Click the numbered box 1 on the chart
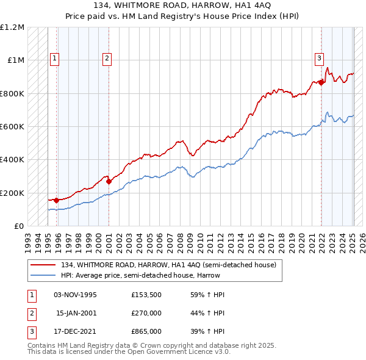point(54,59)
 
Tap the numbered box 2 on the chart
point(107,59)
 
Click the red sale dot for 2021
point(321,82)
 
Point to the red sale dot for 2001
point(109,181)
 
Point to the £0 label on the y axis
point(18,226)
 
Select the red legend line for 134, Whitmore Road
point(43,265)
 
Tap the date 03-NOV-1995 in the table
point(76,295)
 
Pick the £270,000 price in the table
point(146,313)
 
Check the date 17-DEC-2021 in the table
point(76,331)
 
